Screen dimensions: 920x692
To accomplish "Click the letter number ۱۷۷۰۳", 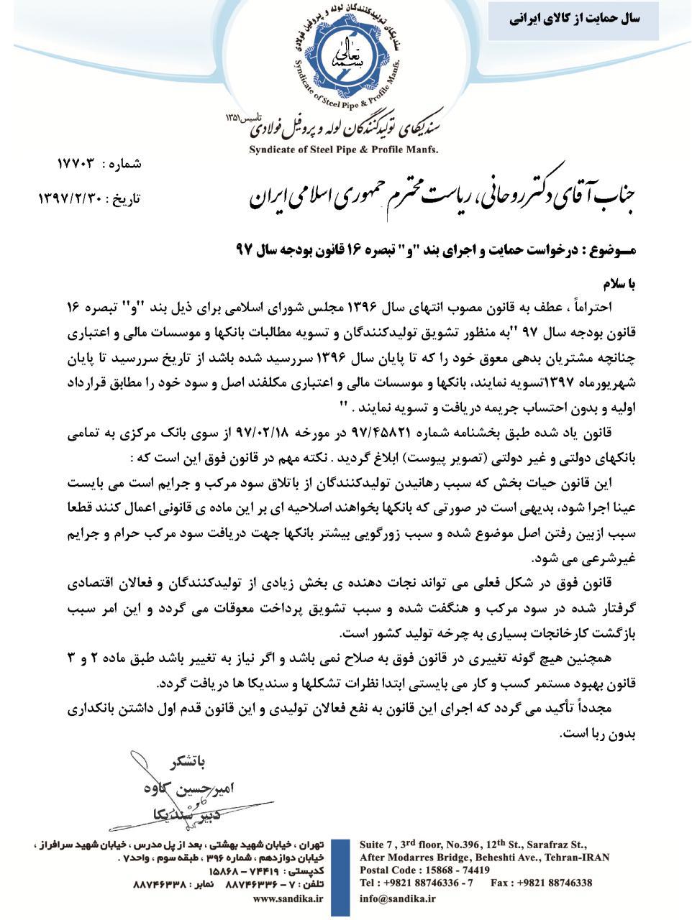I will pyautogui.click(x=76, y=164).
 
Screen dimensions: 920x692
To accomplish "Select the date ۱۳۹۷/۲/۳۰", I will pyautogui.click(x=71, y=198).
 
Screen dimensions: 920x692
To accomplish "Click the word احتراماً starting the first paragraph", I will pyautogui.click(x=593, y=306).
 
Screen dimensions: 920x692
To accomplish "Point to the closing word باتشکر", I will pyautogui.click(x=177, y=760).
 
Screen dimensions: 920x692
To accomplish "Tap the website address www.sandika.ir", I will pyautogui.click(x=287, y=898).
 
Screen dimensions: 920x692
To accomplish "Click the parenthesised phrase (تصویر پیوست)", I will pyautogui.click(x=438, y=458).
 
